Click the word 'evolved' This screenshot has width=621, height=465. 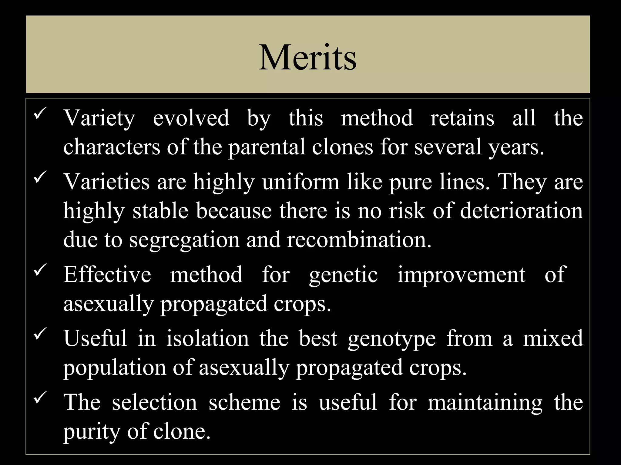pos(191,118)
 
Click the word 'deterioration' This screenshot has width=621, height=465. pos(521,211)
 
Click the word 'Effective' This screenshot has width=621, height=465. pos(107,275)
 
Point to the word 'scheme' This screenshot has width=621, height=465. pos(244,402)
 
